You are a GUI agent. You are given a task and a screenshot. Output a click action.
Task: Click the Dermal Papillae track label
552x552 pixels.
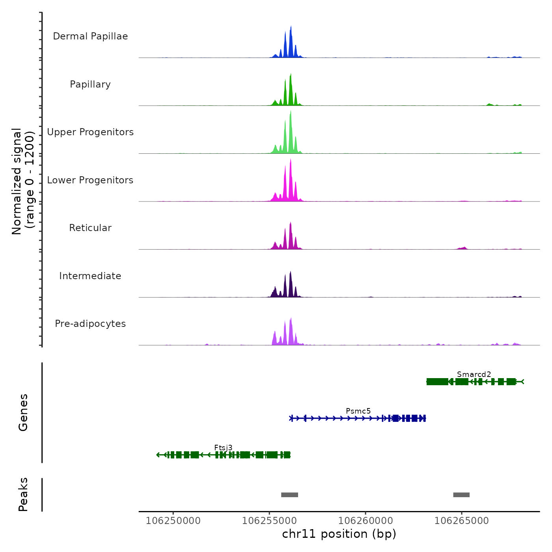click(x=90, y=36)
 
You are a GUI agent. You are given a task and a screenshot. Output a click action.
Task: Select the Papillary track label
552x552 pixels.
click(x=90, y=84)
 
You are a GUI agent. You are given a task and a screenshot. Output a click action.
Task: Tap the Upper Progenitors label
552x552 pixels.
click(x=90, y=132)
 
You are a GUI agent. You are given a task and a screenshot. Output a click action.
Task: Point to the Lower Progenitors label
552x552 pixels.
click(x=90, y=180)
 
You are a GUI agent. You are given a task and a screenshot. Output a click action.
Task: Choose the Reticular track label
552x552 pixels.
click(x=90, y=228)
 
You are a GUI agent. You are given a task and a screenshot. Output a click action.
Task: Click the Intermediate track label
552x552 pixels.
click(x=90, y=276)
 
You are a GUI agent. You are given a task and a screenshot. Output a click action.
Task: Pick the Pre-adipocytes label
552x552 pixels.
click(x=90, y=324)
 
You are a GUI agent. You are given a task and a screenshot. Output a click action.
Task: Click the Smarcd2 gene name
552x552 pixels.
click(x=474, y=374)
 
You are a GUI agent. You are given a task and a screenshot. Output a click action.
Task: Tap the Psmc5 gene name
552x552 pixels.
click(x=358, y=411)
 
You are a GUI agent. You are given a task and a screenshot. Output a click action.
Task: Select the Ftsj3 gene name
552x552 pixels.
click(x=223, y=448)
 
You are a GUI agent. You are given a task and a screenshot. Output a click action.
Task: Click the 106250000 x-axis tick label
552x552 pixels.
click(x=173, y=521)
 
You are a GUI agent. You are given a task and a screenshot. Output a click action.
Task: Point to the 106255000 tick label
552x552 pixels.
click(x=269, y=521)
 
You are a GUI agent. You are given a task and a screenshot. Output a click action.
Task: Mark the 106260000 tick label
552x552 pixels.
click(x=366, y=521)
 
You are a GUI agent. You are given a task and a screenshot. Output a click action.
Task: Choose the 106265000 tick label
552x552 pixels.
click(x=461, y=521)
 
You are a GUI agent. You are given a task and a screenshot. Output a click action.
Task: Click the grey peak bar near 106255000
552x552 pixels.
click(x=289, y=495)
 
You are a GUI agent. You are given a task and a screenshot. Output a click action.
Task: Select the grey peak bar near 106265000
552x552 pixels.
click(x=461, y=495)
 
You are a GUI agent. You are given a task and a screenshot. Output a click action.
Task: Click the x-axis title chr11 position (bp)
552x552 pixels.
click(x=339, y=534)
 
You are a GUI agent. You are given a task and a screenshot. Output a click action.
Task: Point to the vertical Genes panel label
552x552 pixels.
click(x=23, y=412)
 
